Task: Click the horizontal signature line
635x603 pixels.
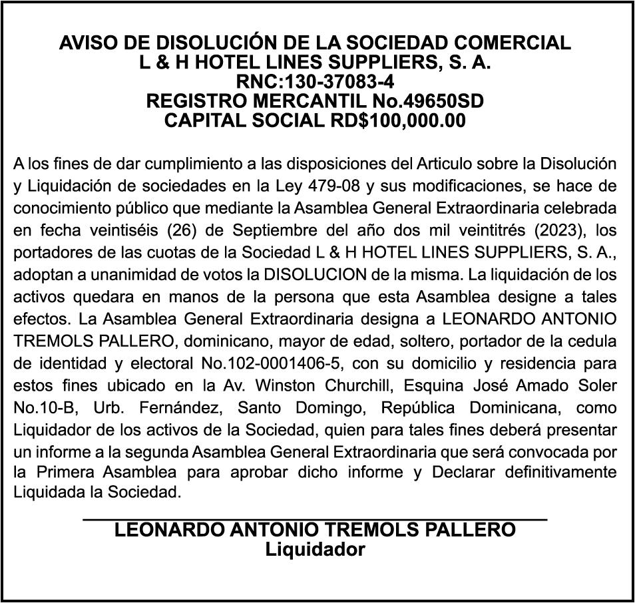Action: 314,518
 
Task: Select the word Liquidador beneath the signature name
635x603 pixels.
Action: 315,550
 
